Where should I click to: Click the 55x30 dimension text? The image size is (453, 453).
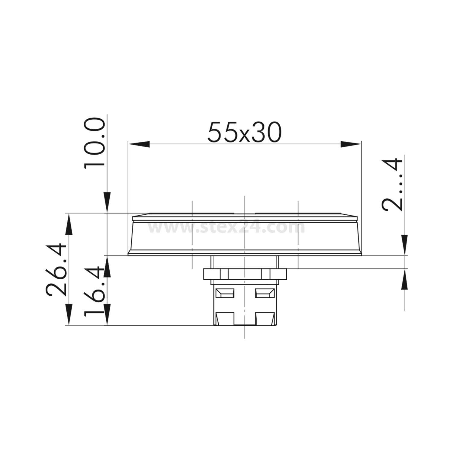[x=244, y=132]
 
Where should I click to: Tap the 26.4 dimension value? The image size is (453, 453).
[x=56, y=269]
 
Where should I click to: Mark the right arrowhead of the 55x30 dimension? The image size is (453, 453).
[x=351, y=144]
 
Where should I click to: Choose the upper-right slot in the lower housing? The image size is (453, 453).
[x=265, y=293]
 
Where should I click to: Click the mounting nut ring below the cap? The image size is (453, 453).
[x=245, y=274]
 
